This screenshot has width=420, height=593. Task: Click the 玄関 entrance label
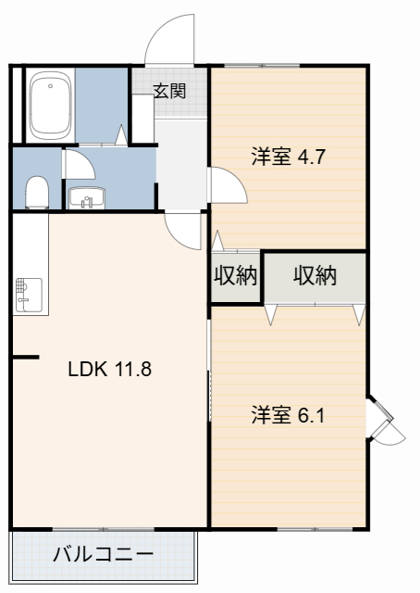click(x=169, y=91)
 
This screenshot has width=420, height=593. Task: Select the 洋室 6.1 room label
click(x=287, y=414)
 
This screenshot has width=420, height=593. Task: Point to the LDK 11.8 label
click(x=109, y=369)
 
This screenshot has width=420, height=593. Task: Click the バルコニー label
click(x=103, y=555)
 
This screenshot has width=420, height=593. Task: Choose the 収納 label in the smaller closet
click(x=235, y=276)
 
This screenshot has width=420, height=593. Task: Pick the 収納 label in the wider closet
click(x=315, y=275)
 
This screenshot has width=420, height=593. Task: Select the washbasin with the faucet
click(x=88, y=197)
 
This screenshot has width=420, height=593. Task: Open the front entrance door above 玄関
click(x=171, y=42)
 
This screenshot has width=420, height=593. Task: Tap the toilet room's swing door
click(x=78, y=164)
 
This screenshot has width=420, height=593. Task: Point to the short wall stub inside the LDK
click(x=25, y=357)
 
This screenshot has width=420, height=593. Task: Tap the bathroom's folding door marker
click(x=121, y=137)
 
